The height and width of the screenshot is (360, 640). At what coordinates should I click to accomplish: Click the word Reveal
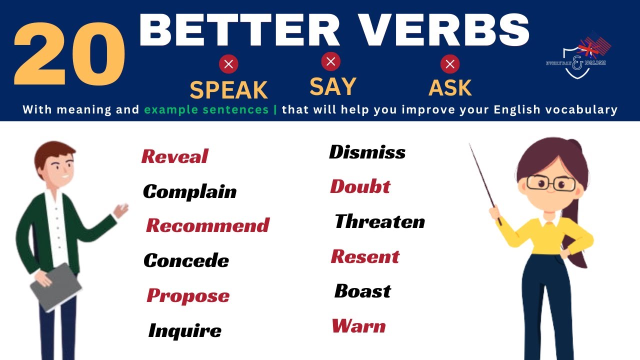pyautogui.click(x=174, y=156)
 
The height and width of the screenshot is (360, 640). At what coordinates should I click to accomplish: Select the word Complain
pyautogui.click(x=189, y=191)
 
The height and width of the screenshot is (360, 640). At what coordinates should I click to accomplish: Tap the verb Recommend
pyautogui.click(x=207, y=225)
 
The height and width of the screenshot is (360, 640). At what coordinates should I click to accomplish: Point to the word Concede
pyautogui.click(x=186, y=260)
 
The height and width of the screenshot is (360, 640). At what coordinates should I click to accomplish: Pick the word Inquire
pyautogui.click(x=184, y=330)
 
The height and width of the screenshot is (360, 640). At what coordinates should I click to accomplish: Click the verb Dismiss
pyautogui.click(x=367, y=152)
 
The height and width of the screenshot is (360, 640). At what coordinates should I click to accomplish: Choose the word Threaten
pyautogui.click(x=379, y=221)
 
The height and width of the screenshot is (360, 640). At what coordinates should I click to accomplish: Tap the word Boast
pyautogui.click(x=362, y=291)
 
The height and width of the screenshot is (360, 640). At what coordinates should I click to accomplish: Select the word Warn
pyautogui.click(x=358, y=326)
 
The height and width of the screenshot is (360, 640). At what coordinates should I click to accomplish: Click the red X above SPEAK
pyautogui.click(x=228, y=64)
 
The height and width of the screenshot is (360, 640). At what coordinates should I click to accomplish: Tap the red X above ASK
pyautogui.click(x=450, y=64)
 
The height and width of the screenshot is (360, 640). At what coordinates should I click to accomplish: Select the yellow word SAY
pyautogui.click(x=332, y=86)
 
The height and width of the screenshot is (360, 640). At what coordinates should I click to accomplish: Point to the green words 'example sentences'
pyautogui.click(x=206, y=109)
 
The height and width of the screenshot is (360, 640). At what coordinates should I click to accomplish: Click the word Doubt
pyautogui.click(x=360, y=186)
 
